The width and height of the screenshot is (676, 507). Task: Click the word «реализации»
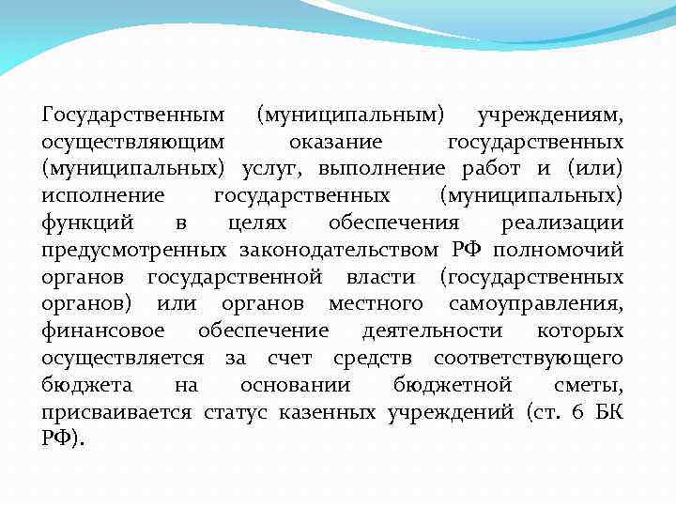562,223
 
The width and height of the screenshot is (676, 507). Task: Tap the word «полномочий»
559,251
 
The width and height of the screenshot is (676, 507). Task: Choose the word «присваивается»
116,413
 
